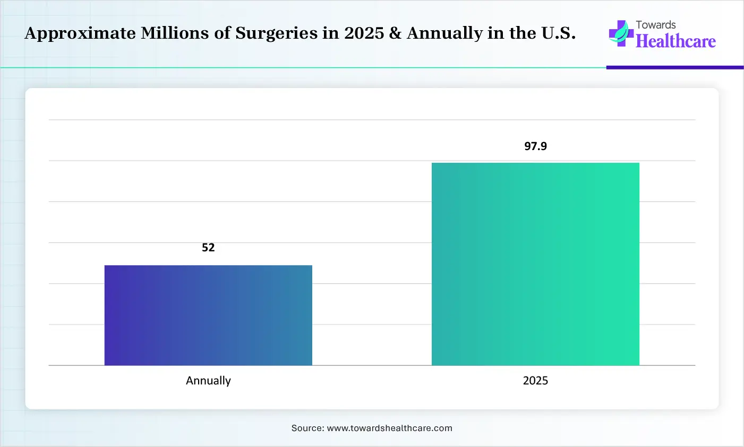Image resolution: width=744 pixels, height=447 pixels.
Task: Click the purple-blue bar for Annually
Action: pos(208,315)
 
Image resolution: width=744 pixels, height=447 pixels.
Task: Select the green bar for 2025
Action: pos(535,264)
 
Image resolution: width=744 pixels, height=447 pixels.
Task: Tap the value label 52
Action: pos(208,248)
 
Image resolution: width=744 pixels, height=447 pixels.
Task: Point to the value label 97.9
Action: pos(535,146)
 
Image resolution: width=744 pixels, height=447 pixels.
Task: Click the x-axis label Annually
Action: pos(208,381)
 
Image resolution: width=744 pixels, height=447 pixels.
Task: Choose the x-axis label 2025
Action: pos(535,381)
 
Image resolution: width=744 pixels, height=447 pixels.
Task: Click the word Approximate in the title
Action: pos(80,33)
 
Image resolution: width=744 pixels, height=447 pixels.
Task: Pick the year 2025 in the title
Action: pos(364,33)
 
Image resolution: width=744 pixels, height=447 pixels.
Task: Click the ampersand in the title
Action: pos(396,33)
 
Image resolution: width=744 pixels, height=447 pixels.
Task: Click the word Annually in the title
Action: pos(445,33)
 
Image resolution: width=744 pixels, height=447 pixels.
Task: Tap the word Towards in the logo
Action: pos(656,25)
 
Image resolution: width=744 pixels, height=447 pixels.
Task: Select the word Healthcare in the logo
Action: pos(675,41)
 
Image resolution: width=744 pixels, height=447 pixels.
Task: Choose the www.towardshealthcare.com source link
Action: pos(389,428)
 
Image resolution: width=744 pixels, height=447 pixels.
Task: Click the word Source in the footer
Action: pos(306,428)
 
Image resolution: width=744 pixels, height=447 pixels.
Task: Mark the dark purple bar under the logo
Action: pos(674,67)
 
